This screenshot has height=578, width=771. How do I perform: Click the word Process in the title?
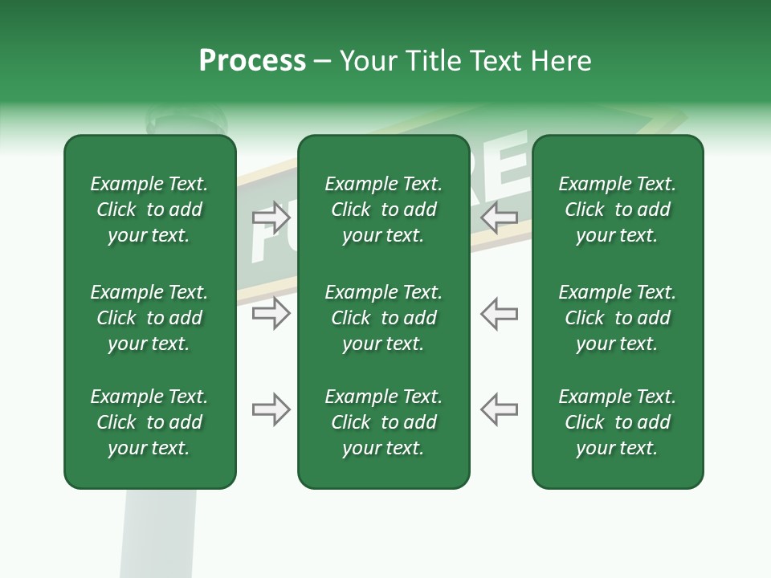point(252,61)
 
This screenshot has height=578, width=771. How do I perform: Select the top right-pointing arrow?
point(271,218)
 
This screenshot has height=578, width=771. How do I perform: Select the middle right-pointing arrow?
point(271,313)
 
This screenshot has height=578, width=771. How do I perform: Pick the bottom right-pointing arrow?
point(271,410)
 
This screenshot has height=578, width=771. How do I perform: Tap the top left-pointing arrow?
point(500,218)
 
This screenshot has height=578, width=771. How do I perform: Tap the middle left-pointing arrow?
point(500,313)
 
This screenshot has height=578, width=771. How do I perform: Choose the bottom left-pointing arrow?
point(500,409)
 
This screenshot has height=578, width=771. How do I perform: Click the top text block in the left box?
point(149,210)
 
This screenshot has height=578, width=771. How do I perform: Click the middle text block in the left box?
point(149,318)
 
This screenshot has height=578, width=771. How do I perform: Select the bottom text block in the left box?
point(149,422)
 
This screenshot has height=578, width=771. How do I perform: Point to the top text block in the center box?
point(383,210)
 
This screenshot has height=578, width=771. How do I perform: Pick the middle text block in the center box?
point(383,318)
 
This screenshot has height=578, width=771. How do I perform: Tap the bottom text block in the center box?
point(383,422)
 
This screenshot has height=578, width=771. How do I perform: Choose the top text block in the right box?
point(617,210)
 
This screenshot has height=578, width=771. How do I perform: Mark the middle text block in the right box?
point(617,318)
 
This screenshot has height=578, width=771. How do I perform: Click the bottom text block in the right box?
point(617,422)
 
